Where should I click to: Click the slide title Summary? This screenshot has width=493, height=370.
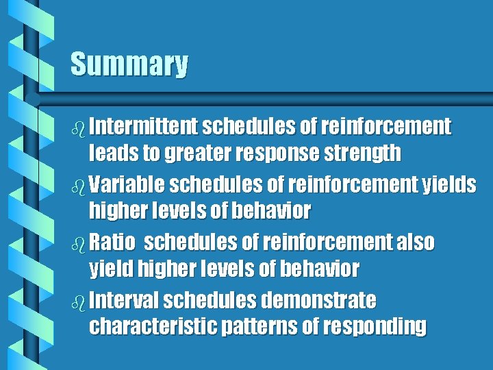[129, 64]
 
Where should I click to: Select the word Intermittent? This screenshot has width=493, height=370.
[143, 127]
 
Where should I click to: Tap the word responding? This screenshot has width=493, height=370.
[373, 327]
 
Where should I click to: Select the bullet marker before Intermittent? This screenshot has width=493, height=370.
[77, 127]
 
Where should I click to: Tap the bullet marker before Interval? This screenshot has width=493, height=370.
[77, 301]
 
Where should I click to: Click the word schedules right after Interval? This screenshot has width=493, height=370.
[207, 300]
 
